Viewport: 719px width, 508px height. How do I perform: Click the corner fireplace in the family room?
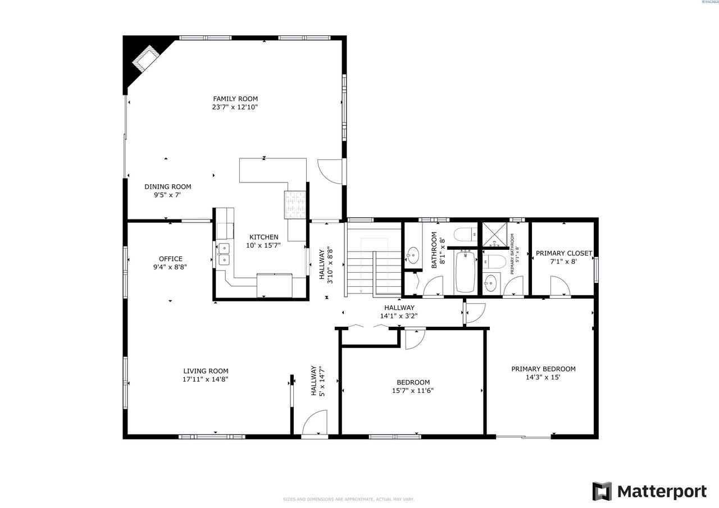point(144,59)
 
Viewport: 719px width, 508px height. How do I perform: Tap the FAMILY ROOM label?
point(235,99)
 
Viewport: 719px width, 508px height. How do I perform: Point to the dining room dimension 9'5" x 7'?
point(167,195)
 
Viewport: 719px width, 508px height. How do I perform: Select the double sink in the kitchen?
point(224,254)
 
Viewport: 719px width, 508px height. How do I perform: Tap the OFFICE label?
point(170,259)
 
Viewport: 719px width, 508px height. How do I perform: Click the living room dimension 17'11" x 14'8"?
point(206,379)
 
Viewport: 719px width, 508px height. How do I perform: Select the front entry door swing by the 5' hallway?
point(315,422)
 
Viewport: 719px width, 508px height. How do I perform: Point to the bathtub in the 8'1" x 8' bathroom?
point(465,272)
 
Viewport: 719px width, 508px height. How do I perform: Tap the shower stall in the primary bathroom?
point(495,235)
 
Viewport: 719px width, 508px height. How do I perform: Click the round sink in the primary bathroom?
point(491,283)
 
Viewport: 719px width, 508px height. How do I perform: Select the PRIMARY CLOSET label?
point(563,253)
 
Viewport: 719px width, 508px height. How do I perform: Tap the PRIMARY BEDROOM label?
point(543,369)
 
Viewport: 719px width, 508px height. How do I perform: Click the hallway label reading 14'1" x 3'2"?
point(399,315)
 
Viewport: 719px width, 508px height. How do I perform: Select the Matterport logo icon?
point(602,491)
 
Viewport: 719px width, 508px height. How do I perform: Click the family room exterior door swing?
point(330,171)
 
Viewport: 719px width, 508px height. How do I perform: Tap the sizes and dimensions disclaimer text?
point(348,499)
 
